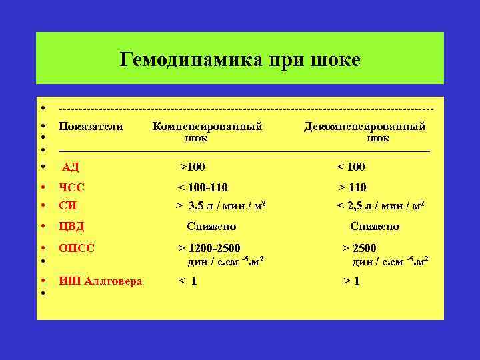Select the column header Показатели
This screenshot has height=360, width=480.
pyautogui.click(x=91, y=127)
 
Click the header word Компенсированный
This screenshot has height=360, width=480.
pyautogui.click(x=207, y=127)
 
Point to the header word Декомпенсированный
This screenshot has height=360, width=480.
pyautogui.click(x=365, y=127)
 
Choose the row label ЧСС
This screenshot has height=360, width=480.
pyautogui.click(x=72, y=188)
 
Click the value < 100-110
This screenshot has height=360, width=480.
pyautogui.click(x=203, y=188)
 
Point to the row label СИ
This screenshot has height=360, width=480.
pyautogui.click(x=67, y=205)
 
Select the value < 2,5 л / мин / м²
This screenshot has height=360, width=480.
pyautogui.click(x=381, y=205)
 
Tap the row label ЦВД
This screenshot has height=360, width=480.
pyautogui.click(x=72, y=227)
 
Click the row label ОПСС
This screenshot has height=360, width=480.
pyautogui.click(x=77, y=248)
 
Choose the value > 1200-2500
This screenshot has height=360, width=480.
pyautogui.click(x=209, y=248)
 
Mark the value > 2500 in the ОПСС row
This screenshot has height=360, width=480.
pyautogui.click(x=359, y=248)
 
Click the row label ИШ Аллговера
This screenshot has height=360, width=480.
pyautogui.click(x=101, y=281)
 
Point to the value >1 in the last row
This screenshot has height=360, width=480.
pyautogui.click(x=351, y=281)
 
